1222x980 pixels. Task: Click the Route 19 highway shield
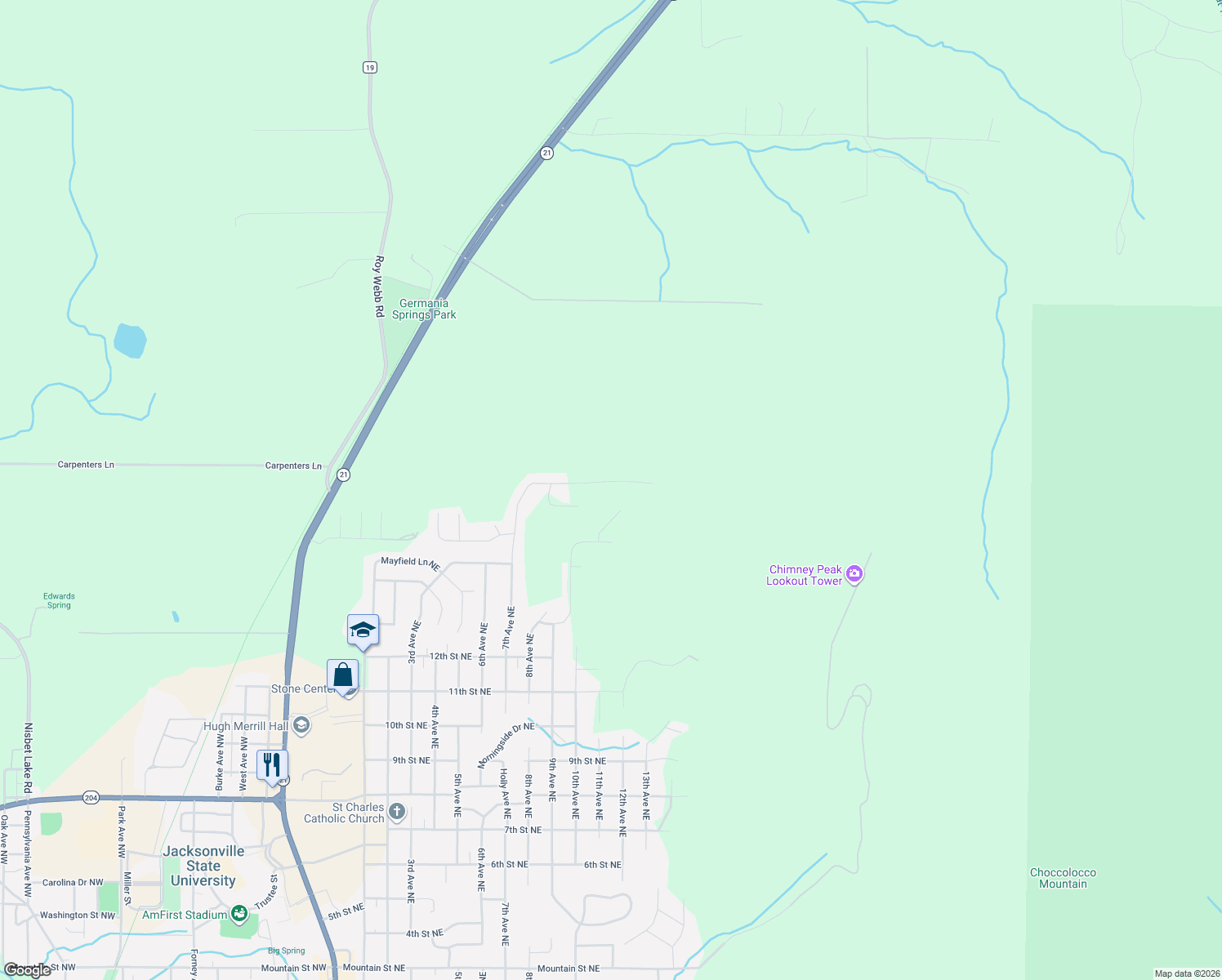point(370,68)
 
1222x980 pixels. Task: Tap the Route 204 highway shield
point(91,797)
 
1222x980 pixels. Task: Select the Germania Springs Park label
point(424,310)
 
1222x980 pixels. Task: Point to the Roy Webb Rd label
point(378,287)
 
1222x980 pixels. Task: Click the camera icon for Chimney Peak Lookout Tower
point(854,574)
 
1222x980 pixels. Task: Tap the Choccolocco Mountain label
point(1063,878)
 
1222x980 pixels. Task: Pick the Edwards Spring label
point(59,600)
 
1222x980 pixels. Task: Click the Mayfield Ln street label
point(410,563)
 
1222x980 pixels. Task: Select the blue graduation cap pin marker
point(363,630)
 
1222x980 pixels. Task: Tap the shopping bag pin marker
point(343,675)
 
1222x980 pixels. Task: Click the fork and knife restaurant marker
point(272,765)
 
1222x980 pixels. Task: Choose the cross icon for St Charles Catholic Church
point(397,812)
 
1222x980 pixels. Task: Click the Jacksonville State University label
point(203,866)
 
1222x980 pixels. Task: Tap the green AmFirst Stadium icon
point(239,914)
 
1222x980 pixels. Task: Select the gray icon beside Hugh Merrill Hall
point(301,726)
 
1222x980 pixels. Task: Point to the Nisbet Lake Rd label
point(28,758)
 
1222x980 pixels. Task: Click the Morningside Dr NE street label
point(506,745)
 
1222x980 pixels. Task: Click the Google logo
point(27,970)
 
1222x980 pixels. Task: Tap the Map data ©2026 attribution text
point(1187,973)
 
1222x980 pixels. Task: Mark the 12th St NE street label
point(451,657)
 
